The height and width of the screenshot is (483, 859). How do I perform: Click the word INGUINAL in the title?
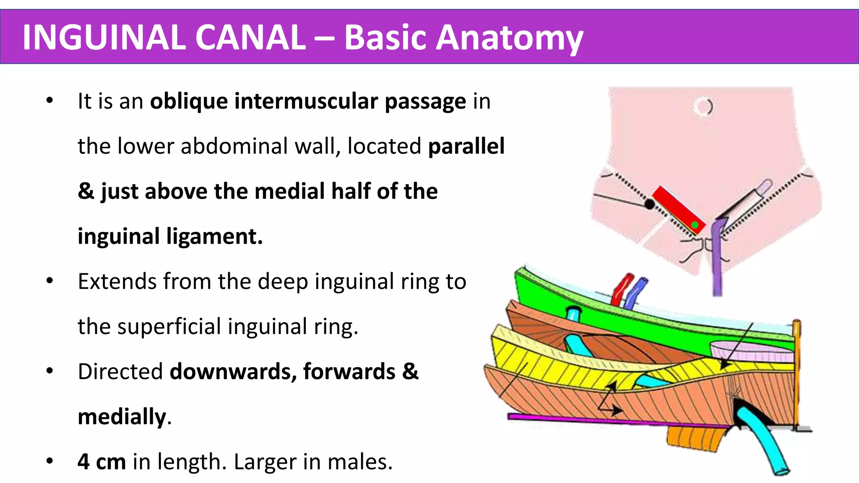103,37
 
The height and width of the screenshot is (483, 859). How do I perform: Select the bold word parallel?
466,146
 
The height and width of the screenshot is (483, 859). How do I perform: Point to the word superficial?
169,327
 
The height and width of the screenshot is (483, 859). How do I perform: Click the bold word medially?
122,417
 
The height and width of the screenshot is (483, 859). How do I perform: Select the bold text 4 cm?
102,462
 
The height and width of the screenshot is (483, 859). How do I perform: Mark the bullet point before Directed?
50,371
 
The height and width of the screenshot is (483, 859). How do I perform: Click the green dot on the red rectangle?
695,225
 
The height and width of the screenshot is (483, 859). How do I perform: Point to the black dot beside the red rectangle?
649,204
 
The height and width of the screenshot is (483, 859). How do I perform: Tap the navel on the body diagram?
703,106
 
